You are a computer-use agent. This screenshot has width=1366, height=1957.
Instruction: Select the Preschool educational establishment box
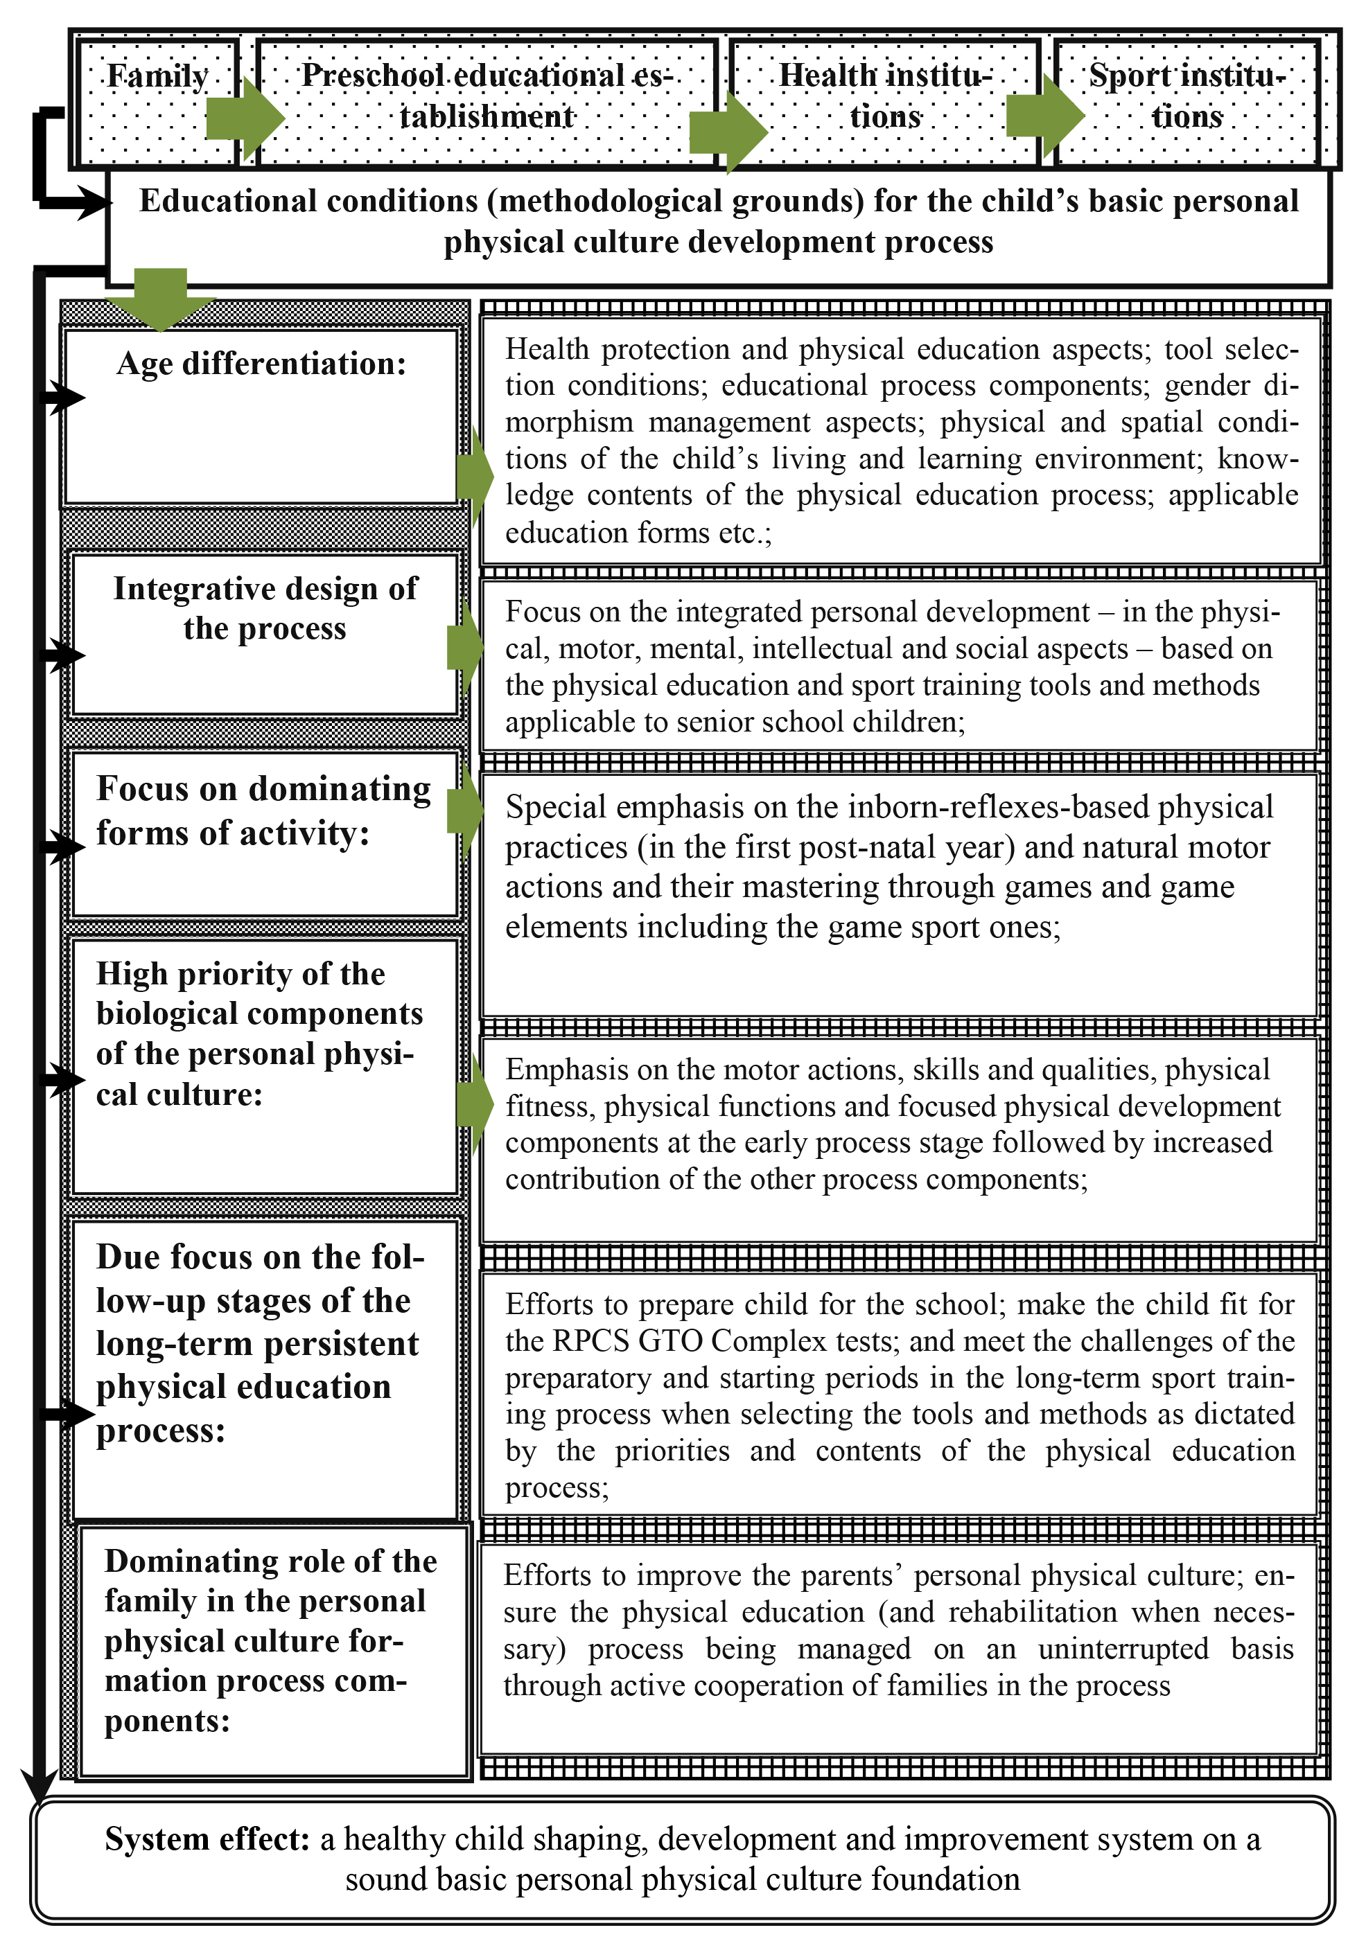(x=486, y=96)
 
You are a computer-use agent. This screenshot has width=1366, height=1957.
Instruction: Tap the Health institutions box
(x=885, y=96)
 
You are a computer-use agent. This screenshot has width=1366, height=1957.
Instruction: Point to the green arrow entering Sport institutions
(x=1044, y=115)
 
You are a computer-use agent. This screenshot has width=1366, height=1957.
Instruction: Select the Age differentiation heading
(x=261, y=364)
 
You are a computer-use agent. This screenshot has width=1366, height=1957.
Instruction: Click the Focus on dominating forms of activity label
(x=263, y=811)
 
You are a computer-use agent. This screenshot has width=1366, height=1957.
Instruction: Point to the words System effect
(x=207, y=1839)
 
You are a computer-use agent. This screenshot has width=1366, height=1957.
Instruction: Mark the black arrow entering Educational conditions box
(x=94, y=203)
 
